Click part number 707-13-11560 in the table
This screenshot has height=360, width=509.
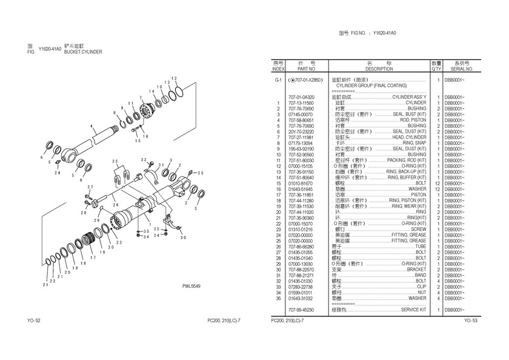click(301, 103)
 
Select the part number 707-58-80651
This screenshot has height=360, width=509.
click(301, 120)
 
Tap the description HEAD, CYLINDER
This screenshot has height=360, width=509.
click(409, 138)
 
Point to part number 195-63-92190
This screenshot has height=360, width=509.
click(301, 148)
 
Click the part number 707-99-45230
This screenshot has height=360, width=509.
click(301, 309)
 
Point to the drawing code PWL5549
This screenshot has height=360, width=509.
click(191, 287)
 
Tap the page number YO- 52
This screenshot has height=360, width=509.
click(34, 321)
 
